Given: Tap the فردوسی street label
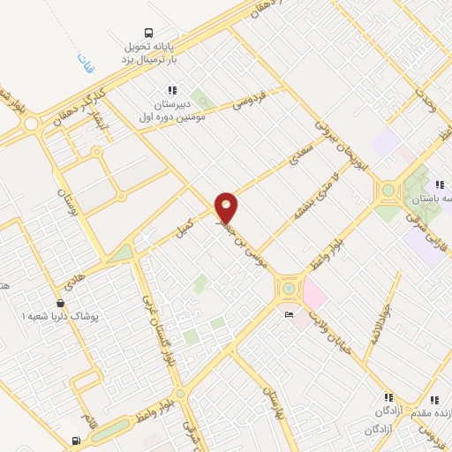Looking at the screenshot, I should click(x=249, y=104).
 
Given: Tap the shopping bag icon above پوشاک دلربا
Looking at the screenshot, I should click(x=59, y=303).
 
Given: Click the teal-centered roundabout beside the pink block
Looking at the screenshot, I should click(x=288, y=288).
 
